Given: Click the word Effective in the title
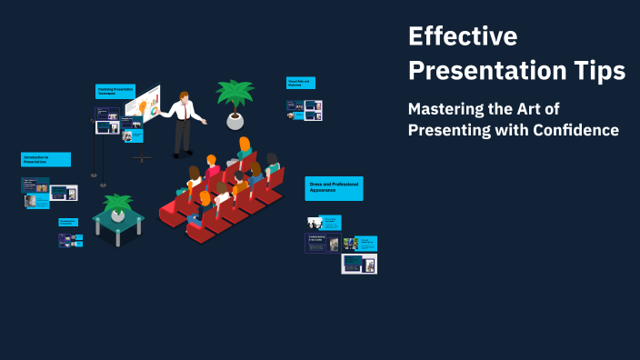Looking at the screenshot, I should click(462, 36).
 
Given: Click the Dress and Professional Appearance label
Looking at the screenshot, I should click(334, 187).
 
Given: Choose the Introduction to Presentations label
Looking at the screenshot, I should click(45, 159).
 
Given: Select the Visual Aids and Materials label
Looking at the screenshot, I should click(302, 83).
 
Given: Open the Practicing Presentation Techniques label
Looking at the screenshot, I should click(115, 91).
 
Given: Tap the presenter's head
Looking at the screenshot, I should click(185, 95).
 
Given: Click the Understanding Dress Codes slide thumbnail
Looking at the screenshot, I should click(322, 243).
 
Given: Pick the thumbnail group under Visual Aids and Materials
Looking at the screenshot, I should click(305, 109).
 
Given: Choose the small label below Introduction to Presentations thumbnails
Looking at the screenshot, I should click(68, 221).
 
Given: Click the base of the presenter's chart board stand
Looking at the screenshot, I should click(142, 159).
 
